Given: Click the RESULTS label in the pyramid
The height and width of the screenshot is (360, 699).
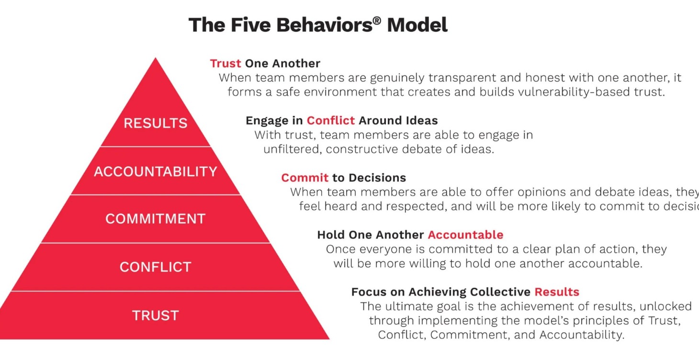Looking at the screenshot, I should point(155,123).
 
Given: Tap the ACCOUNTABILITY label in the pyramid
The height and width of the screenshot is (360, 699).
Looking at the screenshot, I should point(155,171).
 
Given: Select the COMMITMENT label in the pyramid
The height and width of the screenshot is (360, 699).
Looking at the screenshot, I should point(155,219).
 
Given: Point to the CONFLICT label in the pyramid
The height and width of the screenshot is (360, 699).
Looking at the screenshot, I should point(155,267).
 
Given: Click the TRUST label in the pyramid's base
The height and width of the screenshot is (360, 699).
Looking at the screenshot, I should point(155,315).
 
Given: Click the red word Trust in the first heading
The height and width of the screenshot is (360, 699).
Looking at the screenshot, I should point(225,63).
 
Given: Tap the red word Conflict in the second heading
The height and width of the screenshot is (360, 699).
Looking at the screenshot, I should point(331,120).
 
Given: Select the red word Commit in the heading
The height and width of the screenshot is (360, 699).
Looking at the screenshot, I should point(304,178).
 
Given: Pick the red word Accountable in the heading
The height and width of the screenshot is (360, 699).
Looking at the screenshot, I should point(465,235).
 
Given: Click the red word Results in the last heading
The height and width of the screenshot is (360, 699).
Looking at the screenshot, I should point(557,292).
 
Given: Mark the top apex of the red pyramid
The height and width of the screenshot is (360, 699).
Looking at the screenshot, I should point(156,59).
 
